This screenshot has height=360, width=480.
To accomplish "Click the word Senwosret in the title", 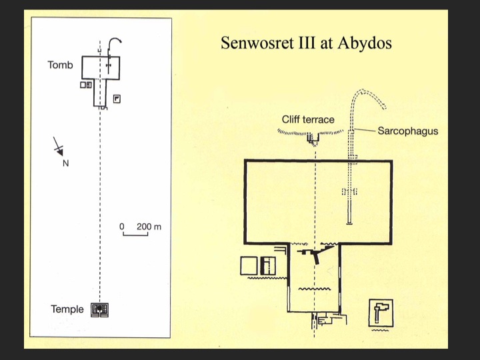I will [x=253, y=44].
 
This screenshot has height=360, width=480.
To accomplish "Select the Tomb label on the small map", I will [x=60, y=65].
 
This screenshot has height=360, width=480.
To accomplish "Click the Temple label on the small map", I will [x=67, y=309].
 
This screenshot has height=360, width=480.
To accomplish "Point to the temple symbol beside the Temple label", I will [x=100, y=309].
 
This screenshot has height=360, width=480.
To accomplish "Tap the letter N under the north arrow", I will [x=65, y=163].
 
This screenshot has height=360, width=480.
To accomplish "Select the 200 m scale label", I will [x=149, y=227].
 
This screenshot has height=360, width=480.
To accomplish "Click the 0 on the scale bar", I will [x=123, y=227].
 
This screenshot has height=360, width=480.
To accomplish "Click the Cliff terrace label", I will [x=308, y=120].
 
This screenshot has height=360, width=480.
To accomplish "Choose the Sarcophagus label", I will [x=407, y=131].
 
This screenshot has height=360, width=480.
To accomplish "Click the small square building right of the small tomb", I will [x=117, y=99].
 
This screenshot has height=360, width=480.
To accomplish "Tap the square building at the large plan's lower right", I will [x=381, y=311].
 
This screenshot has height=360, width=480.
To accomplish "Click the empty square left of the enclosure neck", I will [x=248, y=265].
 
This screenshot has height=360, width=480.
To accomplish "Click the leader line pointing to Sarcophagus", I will [x=365, y=131].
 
